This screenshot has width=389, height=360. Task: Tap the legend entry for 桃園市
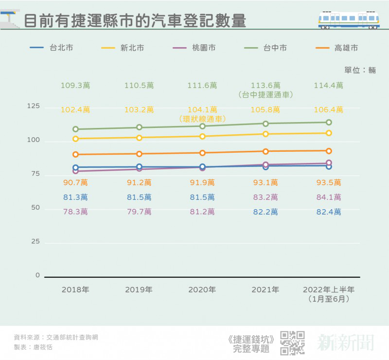pyautogui.click(x=194, y=48)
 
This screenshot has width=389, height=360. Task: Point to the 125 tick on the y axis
pyautogui.click(x=33, y=107)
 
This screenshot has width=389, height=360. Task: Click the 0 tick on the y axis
pyautogui.click(x=37, y=276)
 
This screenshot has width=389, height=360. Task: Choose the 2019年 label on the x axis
pyautogui.click(x=139, y=290)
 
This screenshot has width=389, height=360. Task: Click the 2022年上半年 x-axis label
pyautogui.click(x=329, y=290)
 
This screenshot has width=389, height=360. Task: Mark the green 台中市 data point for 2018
pyautogui.click(x=75, y=129)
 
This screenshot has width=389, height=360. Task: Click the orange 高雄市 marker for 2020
pyautogui.click(x=202, y=153)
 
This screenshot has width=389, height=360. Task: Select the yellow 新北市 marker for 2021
pyautogui.click(x=265, y=134)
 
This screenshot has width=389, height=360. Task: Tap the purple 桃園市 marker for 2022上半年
pyautogui.click(x=329, y=163)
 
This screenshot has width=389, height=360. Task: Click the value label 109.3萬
pyautogui.click(x=75, y=86)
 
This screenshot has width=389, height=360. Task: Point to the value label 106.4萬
pyautogui.click(x=329, y=109)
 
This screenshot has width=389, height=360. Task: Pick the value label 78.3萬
pyautogui.click(x=75, y=212)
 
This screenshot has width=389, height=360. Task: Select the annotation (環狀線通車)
pyautogui.click(x=202, y=118)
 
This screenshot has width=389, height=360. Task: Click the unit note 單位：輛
pyautogui.click(x=360, y=70)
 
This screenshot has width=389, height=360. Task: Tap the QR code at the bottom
pyautogui.click(x=293, y=342)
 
